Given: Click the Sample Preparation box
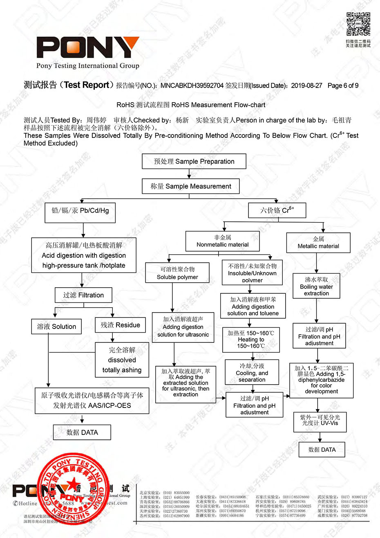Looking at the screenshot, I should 194,161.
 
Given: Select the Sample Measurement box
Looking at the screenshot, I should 190,186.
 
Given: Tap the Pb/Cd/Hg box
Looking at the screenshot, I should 80,211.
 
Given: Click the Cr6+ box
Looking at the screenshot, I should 277,210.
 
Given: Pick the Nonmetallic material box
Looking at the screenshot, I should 223,241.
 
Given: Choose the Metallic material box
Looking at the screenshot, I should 318,242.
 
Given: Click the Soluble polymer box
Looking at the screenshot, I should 177,273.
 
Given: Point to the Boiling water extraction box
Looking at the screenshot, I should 316,286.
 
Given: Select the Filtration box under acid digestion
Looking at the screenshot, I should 83,295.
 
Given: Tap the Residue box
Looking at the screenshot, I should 120,325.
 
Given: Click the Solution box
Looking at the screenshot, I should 56,326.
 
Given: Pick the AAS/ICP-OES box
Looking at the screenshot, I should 92,401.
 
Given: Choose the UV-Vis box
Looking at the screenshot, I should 320,421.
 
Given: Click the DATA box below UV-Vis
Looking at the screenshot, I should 322,450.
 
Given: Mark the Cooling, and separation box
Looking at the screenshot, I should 252,372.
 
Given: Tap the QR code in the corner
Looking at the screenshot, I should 358,24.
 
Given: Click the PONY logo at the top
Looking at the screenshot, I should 88,48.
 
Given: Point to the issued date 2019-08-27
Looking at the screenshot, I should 306,86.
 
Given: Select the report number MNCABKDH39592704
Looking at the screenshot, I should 192,86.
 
